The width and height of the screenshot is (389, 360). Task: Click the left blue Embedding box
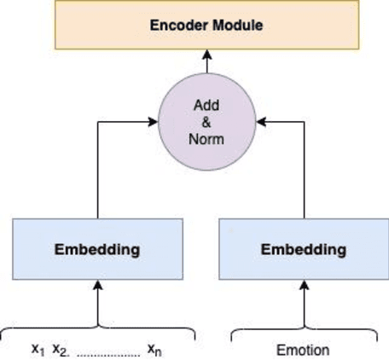pos(97,249)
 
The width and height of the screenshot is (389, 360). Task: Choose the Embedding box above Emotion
pos(303,249)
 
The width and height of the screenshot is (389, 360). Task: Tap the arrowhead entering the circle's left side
pos(157,122)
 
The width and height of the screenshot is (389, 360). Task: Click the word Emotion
pos(303,350)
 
